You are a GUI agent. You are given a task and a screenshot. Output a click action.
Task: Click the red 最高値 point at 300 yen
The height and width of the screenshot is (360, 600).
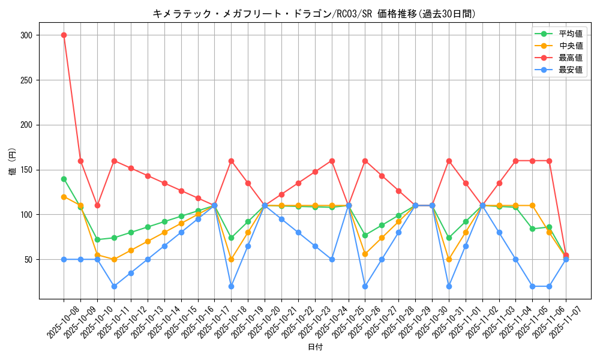pyautogui.click(x=64, y=35)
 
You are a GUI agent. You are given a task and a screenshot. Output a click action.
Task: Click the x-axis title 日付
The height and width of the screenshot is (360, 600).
pyautogui.click(x=315, y=347)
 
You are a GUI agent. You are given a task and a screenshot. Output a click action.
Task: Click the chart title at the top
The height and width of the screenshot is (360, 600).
pyautogui.click(x=314, y=14)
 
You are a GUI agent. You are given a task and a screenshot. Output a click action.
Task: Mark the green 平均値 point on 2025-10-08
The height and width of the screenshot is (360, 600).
pyautogui.click(x=64, y=179)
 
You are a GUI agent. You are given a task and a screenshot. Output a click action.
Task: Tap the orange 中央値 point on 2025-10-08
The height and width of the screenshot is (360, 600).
pyautogui.click(x=64, y=197)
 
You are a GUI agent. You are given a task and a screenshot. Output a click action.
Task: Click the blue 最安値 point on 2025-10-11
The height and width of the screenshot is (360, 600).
pyautogui.click(x=114, y=286)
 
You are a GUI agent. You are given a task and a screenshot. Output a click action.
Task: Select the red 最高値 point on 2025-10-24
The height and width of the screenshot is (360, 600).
pyautogui.click(x=332, y=161)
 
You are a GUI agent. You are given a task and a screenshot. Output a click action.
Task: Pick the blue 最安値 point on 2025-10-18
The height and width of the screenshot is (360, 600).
pyautogui.click(x=231, y=286)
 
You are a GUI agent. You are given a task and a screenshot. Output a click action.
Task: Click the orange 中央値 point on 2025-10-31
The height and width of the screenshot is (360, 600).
pyautogui.click(x=449, y=259)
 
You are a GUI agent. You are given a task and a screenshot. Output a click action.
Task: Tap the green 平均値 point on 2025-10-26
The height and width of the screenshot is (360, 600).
pyautogui.click(x=365, y=235)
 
